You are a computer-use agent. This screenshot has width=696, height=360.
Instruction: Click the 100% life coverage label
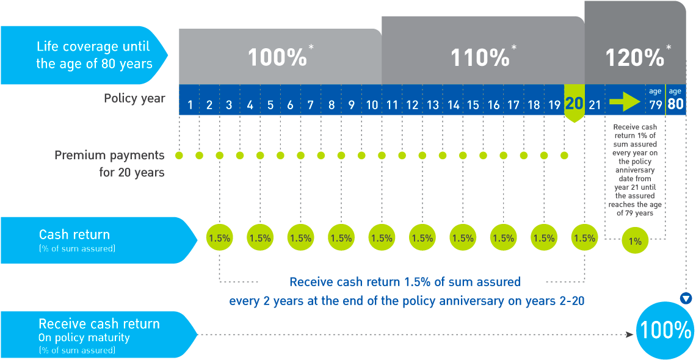coord(277,58)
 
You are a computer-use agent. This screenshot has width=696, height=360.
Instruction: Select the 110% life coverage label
coord(480,58)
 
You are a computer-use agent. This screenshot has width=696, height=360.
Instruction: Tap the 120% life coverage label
coord(635,58)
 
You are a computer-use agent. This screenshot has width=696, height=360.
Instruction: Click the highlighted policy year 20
coord(574,104)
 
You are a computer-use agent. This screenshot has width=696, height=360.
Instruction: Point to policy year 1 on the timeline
coord(190,105)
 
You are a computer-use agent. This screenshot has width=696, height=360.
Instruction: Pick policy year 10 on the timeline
coord(372,105)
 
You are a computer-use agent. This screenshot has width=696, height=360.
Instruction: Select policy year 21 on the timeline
coord(594,105)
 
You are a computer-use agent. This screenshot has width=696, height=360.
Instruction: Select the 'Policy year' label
coord(134,98)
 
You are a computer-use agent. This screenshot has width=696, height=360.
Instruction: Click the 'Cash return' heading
coord(74,235)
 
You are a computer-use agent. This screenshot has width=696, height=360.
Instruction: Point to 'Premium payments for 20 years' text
coord(110,164)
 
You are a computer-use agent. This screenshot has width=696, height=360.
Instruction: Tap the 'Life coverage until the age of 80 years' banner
coord(94,55)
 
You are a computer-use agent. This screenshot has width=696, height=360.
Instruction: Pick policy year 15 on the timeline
coord(473,105)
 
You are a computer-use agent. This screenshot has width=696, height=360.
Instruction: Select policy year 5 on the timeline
coord(270,105)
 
